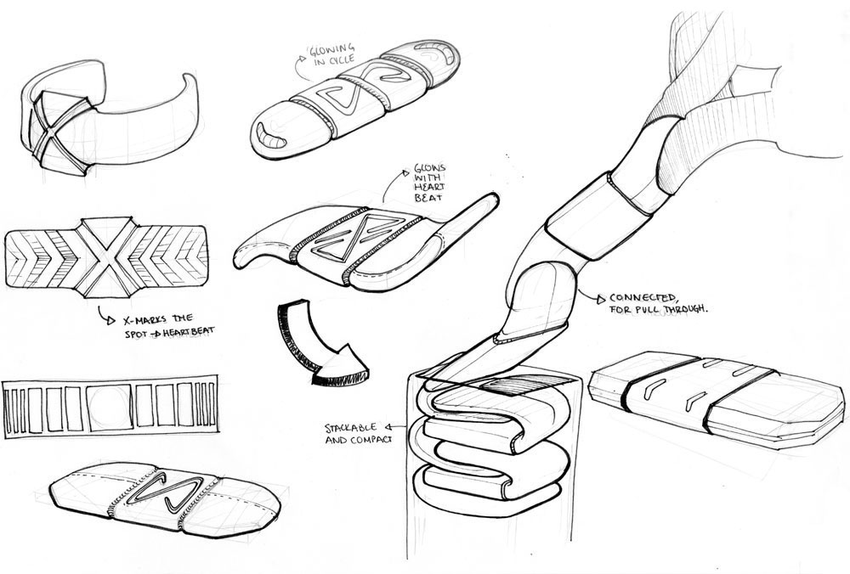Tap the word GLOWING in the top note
pyautogui.click(x=331, y=50)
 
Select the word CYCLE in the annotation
pyautogui.click(x=342, y=60)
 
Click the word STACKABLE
pyautogui.click(x=350, y=428)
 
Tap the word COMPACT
pyautogui.click(x=371, y=440)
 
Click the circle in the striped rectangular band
pyautogui.click(x=110, y=408)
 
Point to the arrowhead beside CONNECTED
pyautogui.click(x=601, y=298)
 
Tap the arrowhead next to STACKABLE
pyautogui.click(x=388, y=427)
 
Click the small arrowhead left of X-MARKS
pyautogui.click(x=111, y=321)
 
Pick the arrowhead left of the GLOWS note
pyautogui.click(x=405, y=173)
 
